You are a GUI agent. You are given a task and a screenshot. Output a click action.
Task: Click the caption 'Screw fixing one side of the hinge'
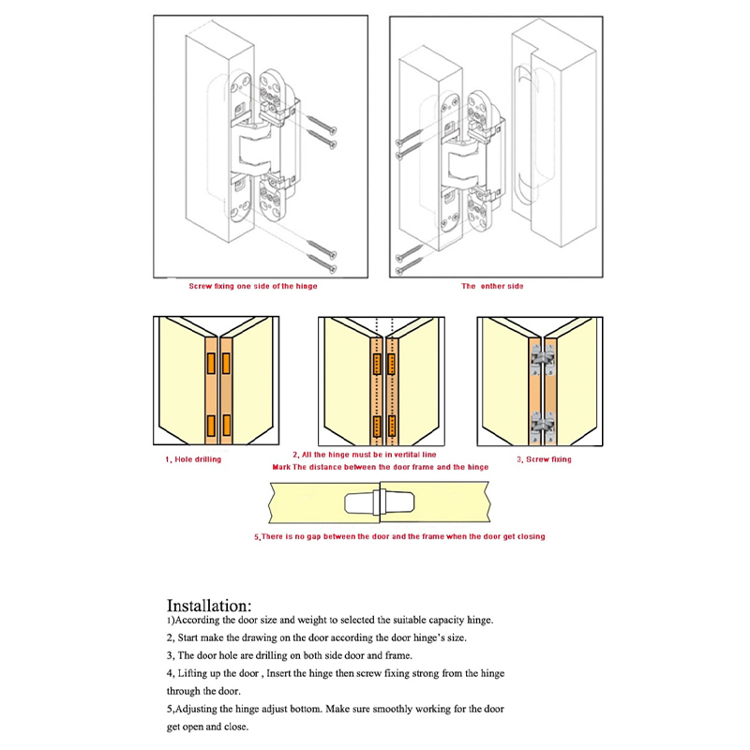pos(253,286)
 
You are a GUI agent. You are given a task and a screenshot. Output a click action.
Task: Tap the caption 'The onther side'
pos(492,286)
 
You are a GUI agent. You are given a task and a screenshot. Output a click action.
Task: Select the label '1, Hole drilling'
pos(194,459)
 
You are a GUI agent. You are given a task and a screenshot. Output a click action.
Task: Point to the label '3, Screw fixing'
pos(544,459)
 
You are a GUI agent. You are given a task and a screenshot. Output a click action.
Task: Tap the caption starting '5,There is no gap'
pos(399,536)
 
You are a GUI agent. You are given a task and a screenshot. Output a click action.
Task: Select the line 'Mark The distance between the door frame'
pos(380,466)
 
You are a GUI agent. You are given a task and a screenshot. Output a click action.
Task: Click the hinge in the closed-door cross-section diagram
pos(379,503)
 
